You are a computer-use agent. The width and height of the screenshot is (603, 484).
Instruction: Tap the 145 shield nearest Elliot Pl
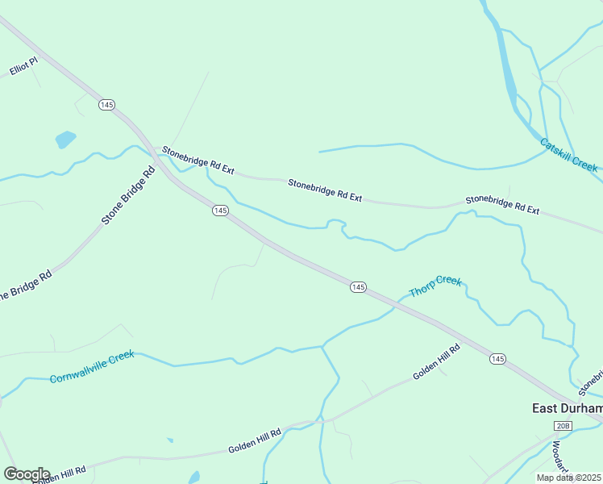pyautogui.click(x=107, y=105)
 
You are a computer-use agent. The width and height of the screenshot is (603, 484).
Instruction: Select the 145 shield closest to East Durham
pyautogui.click(x=497, y=358)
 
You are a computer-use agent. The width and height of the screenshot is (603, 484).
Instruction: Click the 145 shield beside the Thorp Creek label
pyautogui.click(x=359, y=287)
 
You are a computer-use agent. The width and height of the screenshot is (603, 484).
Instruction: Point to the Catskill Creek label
pyautogui.click(x=569, y=155)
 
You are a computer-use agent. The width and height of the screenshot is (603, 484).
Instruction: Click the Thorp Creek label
pyautogui.click(x=435, y=286)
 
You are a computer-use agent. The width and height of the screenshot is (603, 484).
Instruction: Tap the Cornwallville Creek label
pyautogui.click(x=91, y=368)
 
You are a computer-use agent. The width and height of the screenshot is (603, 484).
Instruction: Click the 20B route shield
pyautogui.click(x=562, y=425)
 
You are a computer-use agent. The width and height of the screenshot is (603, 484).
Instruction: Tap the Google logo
pyautogui.click(x=26, y=474)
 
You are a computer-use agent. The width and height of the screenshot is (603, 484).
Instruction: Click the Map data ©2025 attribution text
pyautogui.click(x=569, y=478)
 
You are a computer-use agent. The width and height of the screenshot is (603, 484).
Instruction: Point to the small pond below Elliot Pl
pyautogui.click(x=65, y=139)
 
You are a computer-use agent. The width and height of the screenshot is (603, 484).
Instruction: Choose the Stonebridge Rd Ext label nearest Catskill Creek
pyautogui.click(x=502, y=204)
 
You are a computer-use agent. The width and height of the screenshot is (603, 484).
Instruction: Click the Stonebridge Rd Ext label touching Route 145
pyautogui.click(x=198, y=160)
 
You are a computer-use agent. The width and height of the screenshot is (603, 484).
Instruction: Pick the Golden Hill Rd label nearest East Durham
pyautogui.click(x=436, y=363)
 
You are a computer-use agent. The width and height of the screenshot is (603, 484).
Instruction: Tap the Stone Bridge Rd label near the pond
pyautogui.click(x=127, y=195)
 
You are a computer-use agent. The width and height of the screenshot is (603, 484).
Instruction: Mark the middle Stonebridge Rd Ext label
pyautogui.click(x=326, y=190)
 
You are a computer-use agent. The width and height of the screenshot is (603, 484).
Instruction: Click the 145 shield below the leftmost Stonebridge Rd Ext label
pyautogui.click(x=221, y=211)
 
